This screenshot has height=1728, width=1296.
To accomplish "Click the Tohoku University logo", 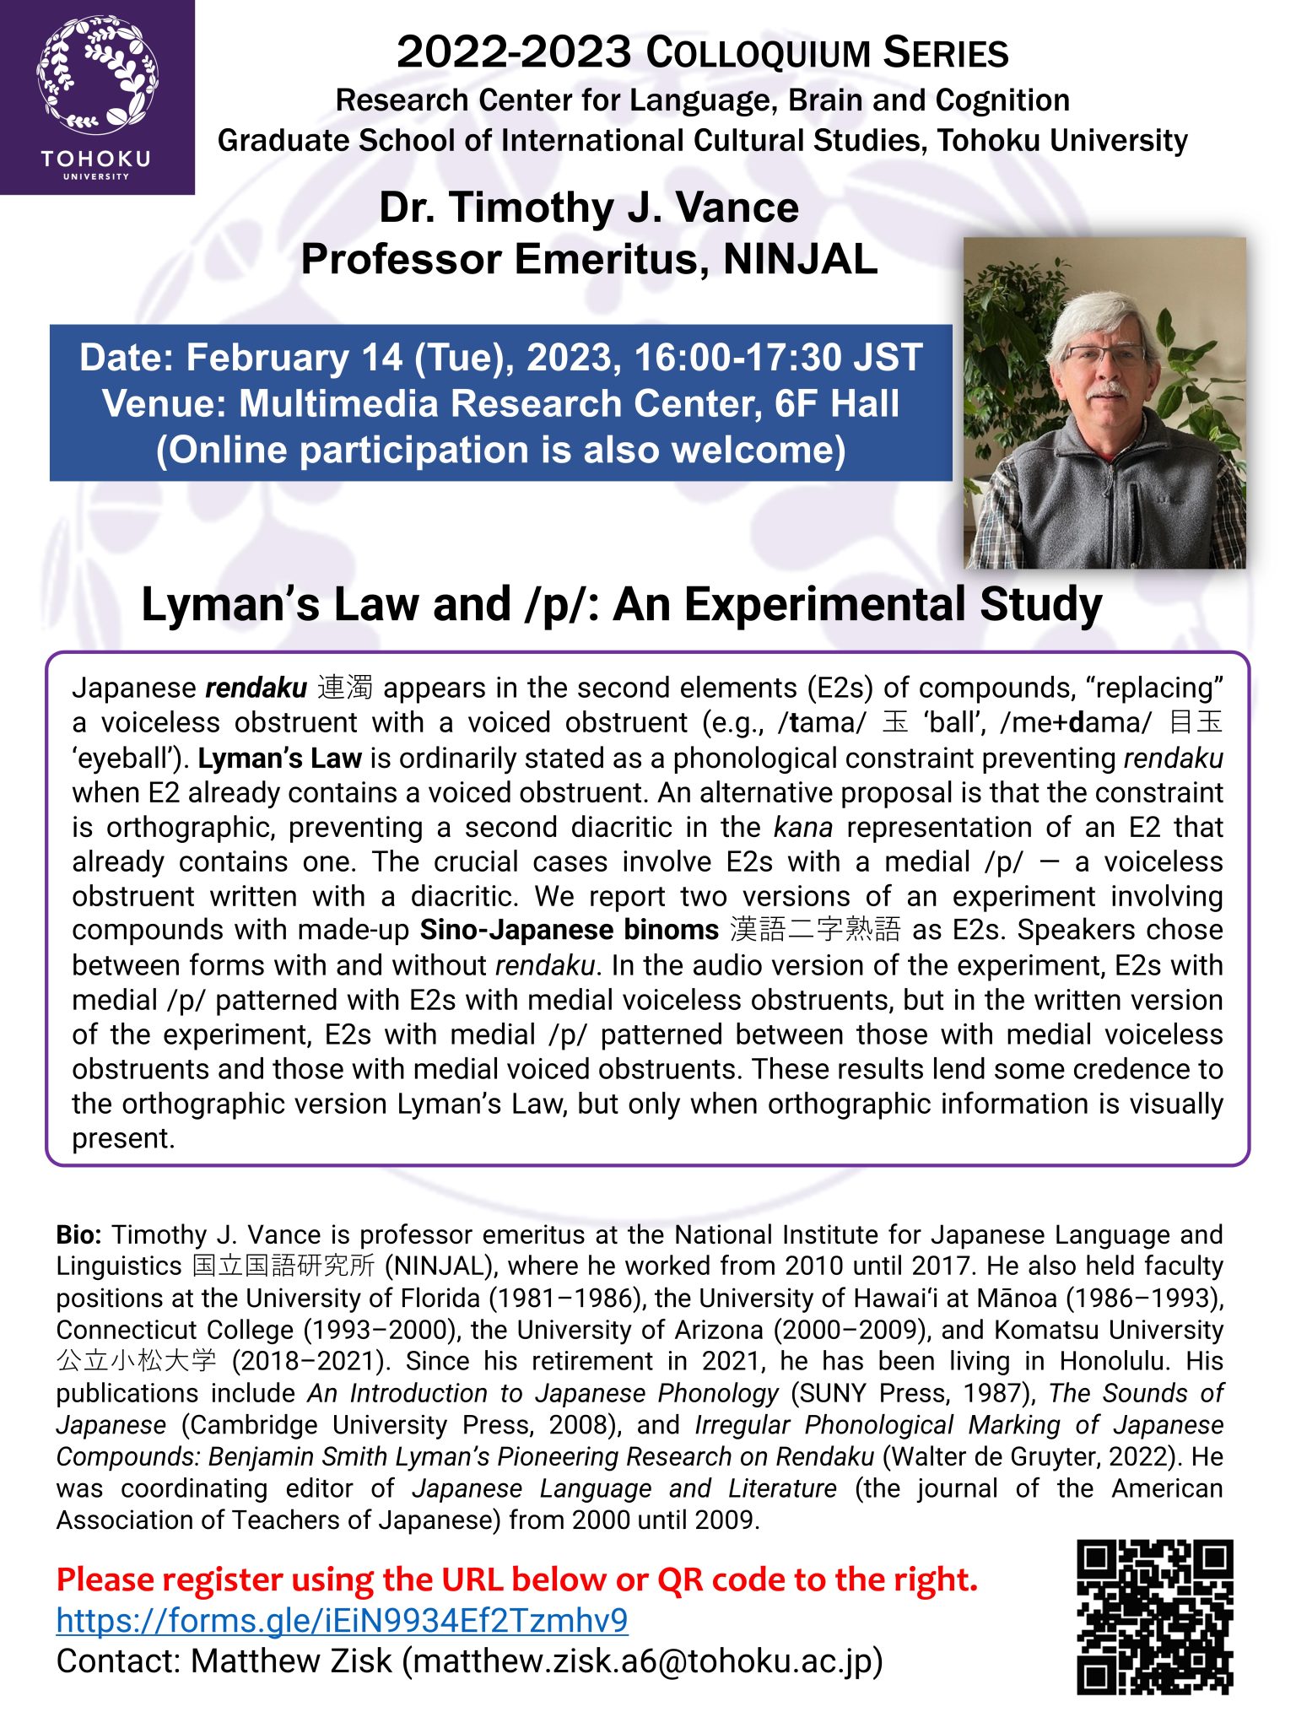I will [x=97, y=97].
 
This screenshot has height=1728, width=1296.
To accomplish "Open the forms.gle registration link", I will [x=342, y=1621].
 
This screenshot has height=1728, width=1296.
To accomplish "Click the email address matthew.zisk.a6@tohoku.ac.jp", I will [x=642, y=1661].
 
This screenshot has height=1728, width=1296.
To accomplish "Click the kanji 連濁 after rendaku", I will [x=345, y=688].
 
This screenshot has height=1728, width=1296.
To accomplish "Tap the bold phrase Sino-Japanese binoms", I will [x=569, y=930].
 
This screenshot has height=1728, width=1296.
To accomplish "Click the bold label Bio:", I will [x=79, y=1235].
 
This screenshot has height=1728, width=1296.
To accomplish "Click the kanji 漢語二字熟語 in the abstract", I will [x=814, y=930].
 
